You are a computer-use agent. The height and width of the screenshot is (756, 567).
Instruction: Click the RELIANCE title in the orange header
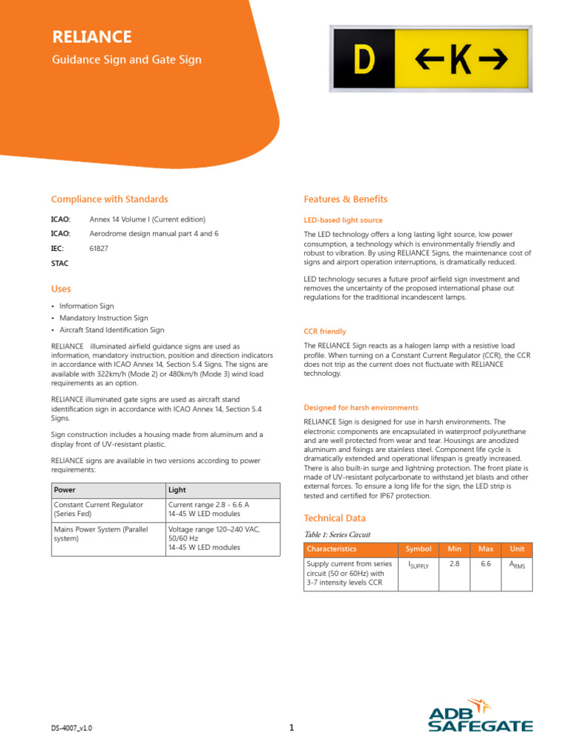(x=92, y=37)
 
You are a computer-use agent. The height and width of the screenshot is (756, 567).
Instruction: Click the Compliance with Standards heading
(x=109, y=199)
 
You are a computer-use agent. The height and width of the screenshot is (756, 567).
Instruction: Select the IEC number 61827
(x=99, y=248)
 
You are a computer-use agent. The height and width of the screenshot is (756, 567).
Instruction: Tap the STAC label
(x=60, y=263)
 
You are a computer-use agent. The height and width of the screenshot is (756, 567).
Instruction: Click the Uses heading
(x=61, y=289)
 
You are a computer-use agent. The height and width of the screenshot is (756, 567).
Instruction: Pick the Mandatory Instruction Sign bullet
(x=104, y=318)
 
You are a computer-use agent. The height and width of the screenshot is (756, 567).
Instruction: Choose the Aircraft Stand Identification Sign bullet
(x=112, y=330)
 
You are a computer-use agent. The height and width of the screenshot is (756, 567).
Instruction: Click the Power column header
(x=66, y=490)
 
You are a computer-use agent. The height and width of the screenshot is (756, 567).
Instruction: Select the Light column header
(x=177, y=490)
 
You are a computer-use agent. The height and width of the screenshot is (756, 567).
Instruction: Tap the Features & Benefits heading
(x=346, y=199)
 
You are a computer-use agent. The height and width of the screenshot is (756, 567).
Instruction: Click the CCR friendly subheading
(x=325, y=331)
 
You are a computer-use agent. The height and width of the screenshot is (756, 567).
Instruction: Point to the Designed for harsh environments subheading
(x=361, y=408)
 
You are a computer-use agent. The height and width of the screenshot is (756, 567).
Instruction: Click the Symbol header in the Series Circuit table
(x=419, y=549)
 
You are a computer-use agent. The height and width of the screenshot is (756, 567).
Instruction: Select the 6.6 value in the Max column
(x=486, y=563)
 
